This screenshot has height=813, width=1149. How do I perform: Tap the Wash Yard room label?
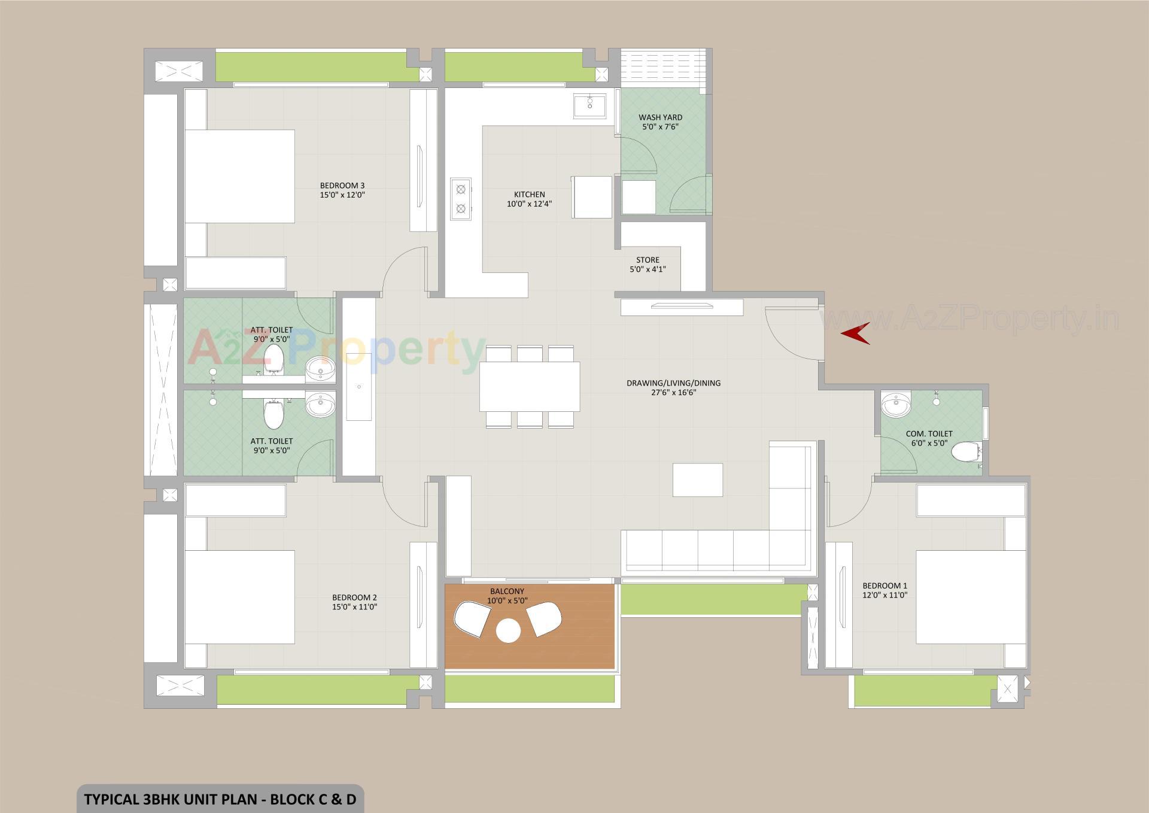pos(660,122)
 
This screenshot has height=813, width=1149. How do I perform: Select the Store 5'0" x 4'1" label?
pos(648,265)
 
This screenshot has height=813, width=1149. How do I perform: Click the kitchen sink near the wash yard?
pos(589,106)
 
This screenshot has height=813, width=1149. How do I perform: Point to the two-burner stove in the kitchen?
pos(461,199)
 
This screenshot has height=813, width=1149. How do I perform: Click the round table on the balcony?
pos(509,630)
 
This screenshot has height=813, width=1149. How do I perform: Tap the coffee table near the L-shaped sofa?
pos(697,480)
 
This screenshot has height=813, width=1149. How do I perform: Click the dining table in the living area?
pos(529,386)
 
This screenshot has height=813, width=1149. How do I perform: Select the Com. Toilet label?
pos(929,438)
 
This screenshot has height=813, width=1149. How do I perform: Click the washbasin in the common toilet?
pos(895,404)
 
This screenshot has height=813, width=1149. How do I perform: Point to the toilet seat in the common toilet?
pos(965,451)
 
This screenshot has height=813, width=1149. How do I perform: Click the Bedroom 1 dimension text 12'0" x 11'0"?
pos(884,595)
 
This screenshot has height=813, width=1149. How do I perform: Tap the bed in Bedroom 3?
pos(239,176)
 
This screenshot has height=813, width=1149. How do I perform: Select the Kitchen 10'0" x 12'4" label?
pos(529,199)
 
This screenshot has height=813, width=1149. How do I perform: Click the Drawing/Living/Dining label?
pos(673,387)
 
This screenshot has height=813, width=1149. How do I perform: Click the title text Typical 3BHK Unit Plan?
pos(220,799)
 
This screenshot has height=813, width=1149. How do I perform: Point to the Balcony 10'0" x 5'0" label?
pos(507,596)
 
